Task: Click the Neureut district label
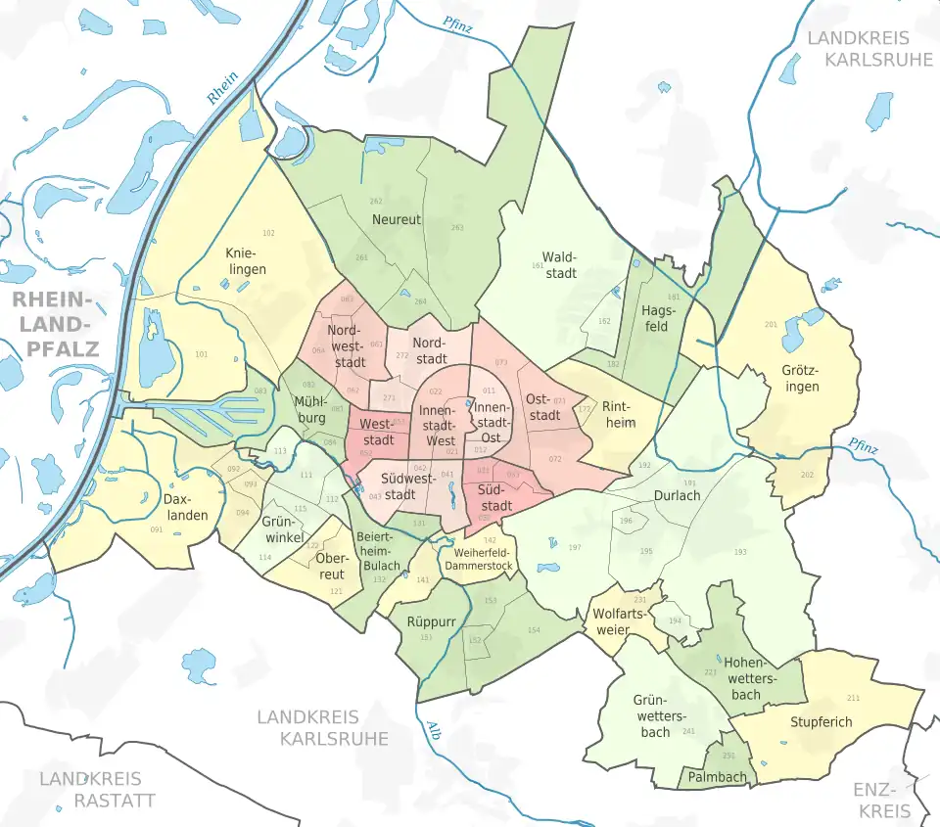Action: [x=397, y=220]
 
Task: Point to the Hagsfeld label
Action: [x=656, y=318]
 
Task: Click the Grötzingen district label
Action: [x=801, y=379]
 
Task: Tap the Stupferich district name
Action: [x=821, y=722]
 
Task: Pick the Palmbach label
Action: [x=718, y=777]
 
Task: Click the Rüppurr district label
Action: [x=432, y=620]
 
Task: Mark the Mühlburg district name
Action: [x=309, y=409]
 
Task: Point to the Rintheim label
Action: [x=619, y=415]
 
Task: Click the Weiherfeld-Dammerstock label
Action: [x=478, y=559]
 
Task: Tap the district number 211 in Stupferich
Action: [x=853, y=698]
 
